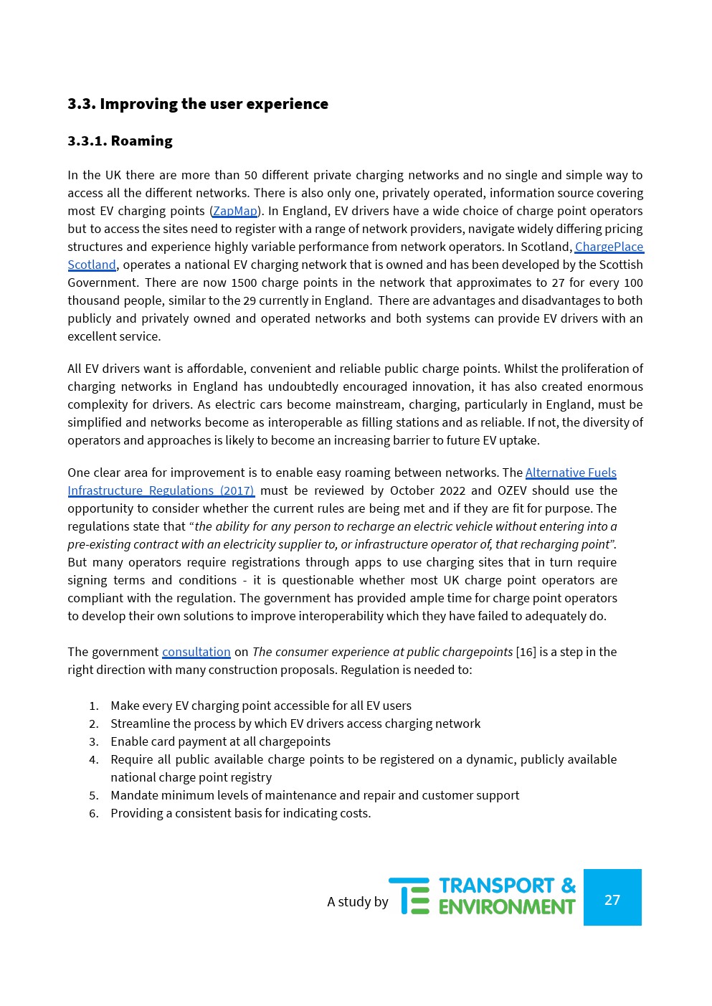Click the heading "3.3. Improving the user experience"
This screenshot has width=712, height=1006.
point(198,104)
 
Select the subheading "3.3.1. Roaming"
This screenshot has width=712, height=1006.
point(120,141)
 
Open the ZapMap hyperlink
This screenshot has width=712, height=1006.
point(235,212)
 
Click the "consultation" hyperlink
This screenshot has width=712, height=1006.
point(196,653)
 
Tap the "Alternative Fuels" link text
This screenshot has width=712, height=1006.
point(571,473)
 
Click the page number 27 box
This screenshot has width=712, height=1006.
point(612,898)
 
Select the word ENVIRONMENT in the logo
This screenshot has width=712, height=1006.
point(506,907)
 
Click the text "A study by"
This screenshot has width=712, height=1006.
point(357,902)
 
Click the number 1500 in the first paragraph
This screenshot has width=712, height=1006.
point(244,283)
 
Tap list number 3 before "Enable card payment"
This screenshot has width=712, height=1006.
point(94,742)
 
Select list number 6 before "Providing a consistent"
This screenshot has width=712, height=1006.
point(94,814)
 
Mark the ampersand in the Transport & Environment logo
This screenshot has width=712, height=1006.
point(569,886)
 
